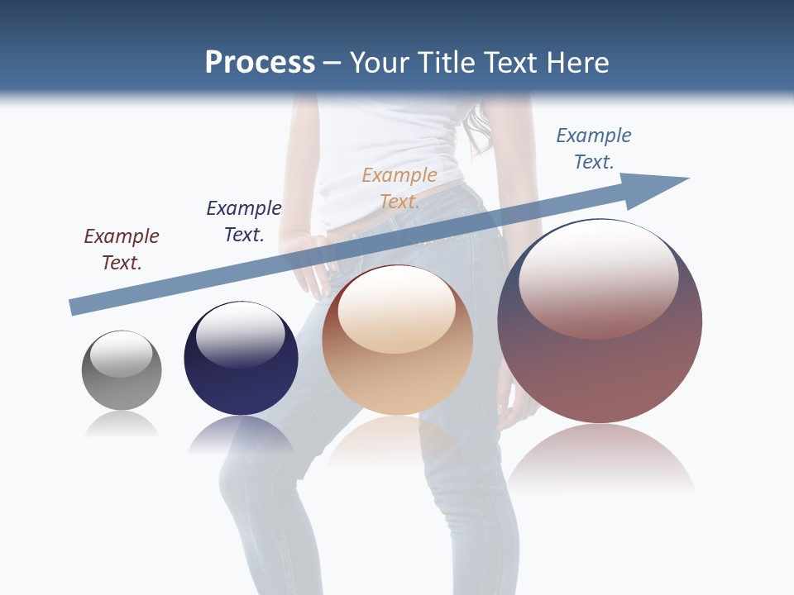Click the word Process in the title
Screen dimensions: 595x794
tap(260, 63)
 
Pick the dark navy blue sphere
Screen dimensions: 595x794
tap(241, 364)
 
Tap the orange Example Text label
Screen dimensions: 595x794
tap(399, 188)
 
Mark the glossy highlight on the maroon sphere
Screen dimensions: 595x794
tap(599, 281)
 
